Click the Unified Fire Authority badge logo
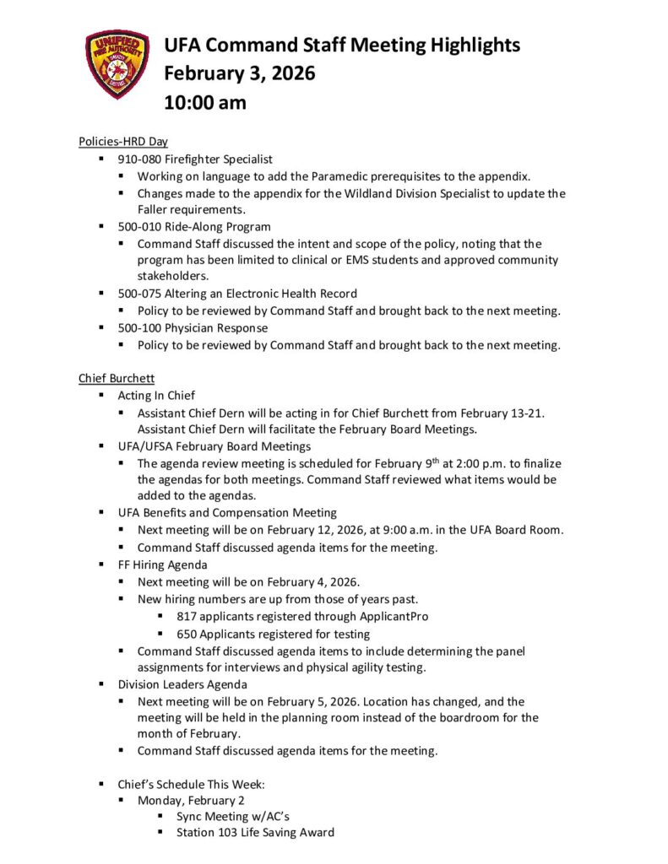pos(117,65)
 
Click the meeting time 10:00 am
pos(205,103)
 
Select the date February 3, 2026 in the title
pos(239,74)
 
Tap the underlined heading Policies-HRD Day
pos(123,142)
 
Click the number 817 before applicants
pos(187,616)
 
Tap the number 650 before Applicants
pos(187,633)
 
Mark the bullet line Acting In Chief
pos(156,395)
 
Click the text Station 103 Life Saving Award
pos(255,832)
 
